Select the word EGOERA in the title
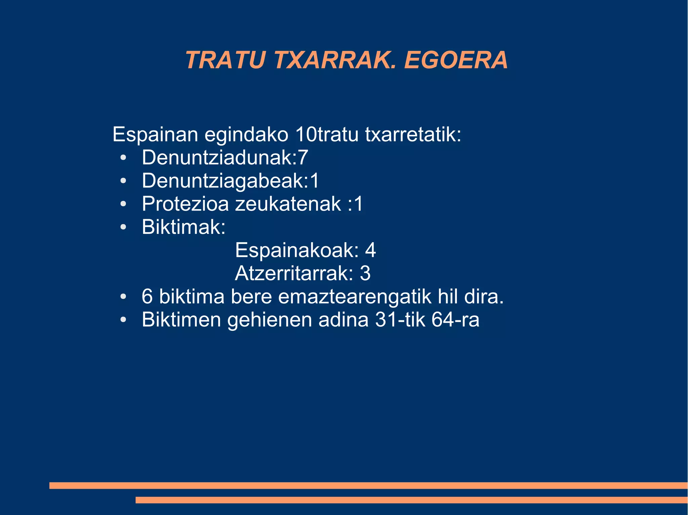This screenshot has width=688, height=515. point(456,60)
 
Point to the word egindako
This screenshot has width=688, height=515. point(247,135)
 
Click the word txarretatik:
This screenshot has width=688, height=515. point(413,135)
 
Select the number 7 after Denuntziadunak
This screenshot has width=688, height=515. point(303,158)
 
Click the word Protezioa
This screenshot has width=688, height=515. point(185,204)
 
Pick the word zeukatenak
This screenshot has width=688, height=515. point(288,204)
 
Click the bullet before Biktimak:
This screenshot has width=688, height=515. point(123,227)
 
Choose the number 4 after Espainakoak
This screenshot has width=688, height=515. point(370,250)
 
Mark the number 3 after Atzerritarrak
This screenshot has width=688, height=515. point(365,273)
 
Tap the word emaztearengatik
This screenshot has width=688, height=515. point(354,297)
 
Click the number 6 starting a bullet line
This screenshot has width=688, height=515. point(147,297)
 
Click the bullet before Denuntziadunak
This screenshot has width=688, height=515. point(123,158)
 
